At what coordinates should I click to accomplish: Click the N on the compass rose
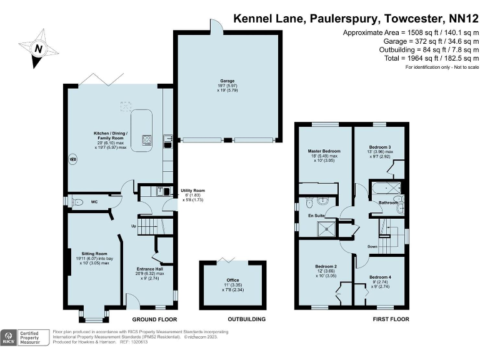click(39, 49)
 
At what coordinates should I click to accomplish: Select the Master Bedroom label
click(324, 151)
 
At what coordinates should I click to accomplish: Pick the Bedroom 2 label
click(326, 266)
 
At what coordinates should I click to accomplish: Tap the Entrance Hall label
click(150, 269)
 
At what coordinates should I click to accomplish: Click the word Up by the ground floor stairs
click(132, 226)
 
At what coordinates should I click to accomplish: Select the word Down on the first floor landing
click(372, 246)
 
